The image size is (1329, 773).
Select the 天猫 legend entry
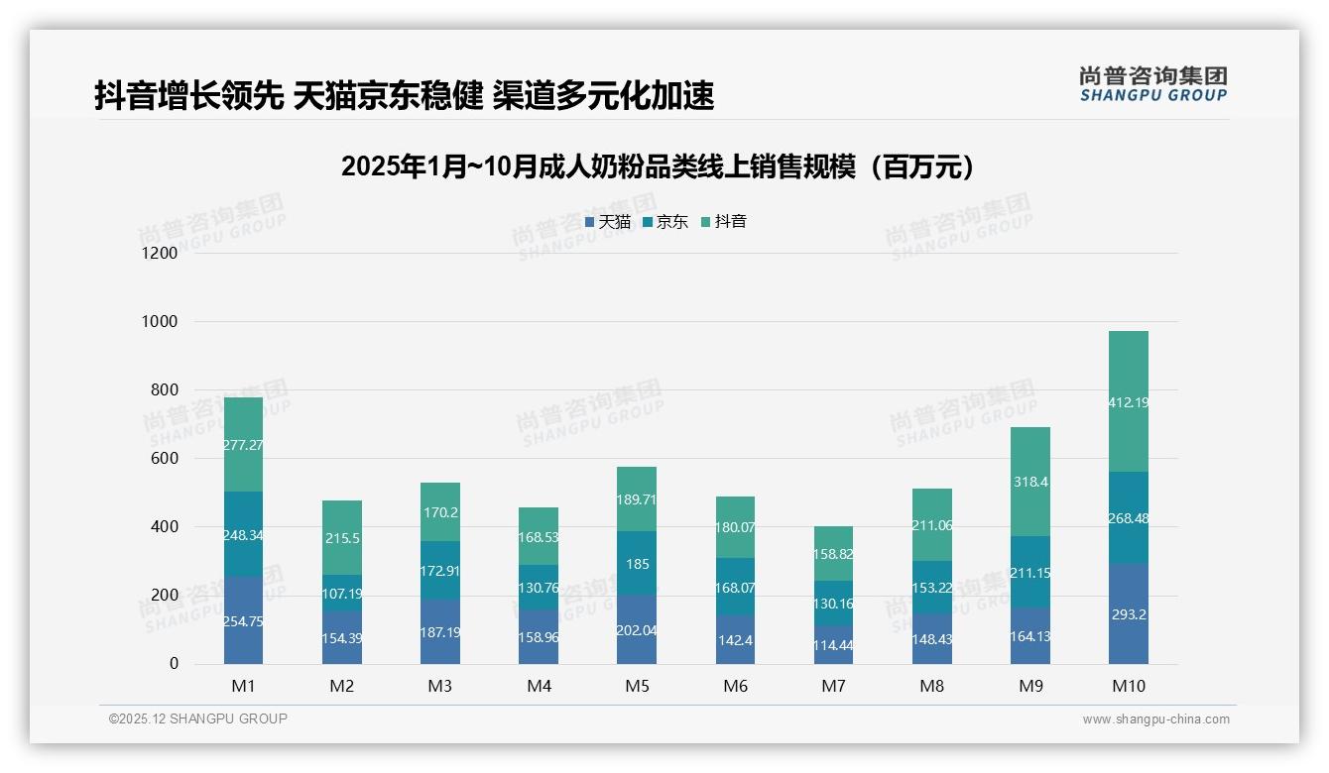point(607,222)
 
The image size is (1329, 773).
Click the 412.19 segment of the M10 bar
point(1129,401)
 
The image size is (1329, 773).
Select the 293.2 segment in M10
point(1129,613)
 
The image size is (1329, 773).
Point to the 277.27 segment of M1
point(243,445)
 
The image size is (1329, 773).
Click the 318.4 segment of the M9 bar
point(1030,482)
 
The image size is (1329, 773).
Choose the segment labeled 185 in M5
point(637,564)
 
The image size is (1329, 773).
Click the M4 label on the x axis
point(539,687)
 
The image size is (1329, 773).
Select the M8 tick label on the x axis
point(931,687)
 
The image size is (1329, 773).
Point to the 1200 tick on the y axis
point(159,254)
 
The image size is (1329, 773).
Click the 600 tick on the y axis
point(163,459)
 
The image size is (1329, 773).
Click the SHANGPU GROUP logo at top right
point(1152,84)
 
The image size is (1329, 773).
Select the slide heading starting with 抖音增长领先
point(405,96)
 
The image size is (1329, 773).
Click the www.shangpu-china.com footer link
point(1155,719)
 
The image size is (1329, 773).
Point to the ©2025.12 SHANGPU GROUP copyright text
point(198,719)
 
